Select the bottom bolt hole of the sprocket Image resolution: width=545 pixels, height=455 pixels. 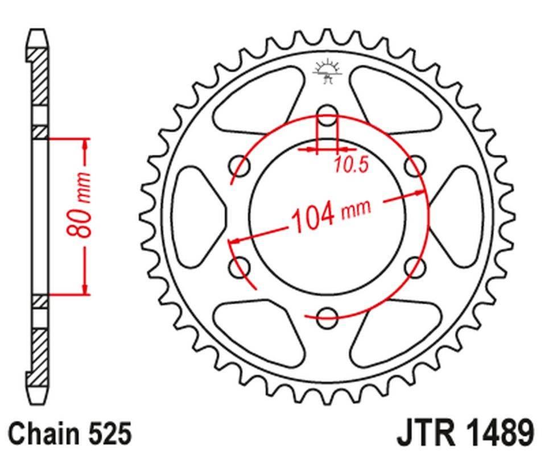pos(327,317)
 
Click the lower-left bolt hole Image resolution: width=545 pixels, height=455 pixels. pos(240,267)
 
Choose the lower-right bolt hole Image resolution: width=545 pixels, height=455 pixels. pos(415,267)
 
